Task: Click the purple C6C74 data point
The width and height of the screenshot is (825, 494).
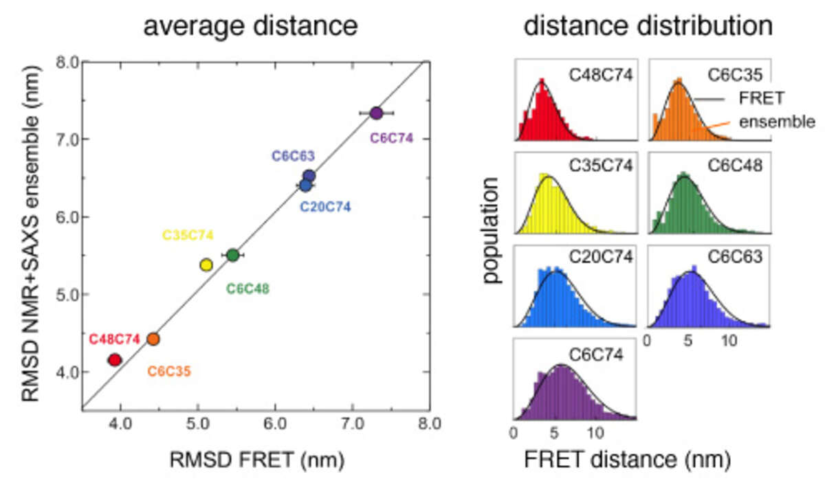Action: pyautogui.click(x=375, y=113)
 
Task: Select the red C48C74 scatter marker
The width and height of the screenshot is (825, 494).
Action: pyautogui.click(x=115, y=359)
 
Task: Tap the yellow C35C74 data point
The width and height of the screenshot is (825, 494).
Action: pyautogui.click(x=206, y=265)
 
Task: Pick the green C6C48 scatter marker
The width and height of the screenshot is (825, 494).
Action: pyautogui.click(x=232, y=255)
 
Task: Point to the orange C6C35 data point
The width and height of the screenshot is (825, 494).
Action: pyautogui.click(x=153, y=339)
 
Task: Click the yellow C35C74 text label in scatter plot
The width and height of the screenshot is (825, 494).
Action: pyautogui.click(x=188, y=235)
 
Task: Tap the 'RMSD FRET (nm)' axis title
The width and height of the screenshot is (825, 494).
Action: pyautogui.click(x=256, y=459)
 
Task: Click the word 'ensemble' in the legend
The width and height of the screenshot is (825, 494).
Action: pyautogui.click(x=778, y=122)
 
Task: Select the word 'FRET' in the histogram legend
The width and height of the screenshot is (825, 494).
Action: pyautogui.click(x=762, y=98)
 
